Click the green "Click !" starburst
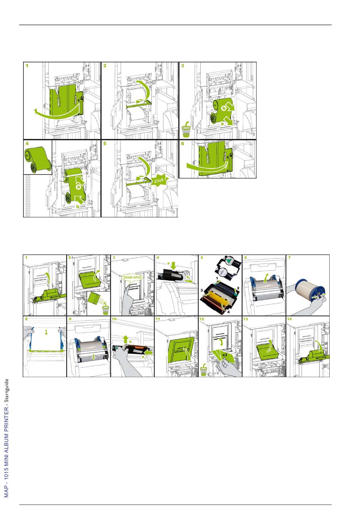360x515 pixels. (x=160, y=181)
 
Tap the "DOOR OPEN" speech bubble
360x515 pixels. (x=133, y=278)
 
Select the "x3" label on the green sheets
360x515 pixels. (x=224, y=355)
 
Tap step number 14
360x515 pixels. (x=290, y=319)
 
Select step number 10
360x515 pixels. (x=114, y=319)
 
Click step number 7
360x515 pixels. (x=290, y=257)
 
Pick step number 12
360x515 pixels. (x=202, y=319)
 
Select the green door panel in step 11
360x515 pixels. (x=182, y=349)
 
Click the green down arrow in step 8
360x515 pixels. (x=46, y=332)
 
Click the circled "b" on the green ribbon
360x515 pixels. (x=224, y=108)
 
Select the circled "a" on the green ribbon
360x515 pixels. (x=78, y=187)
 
